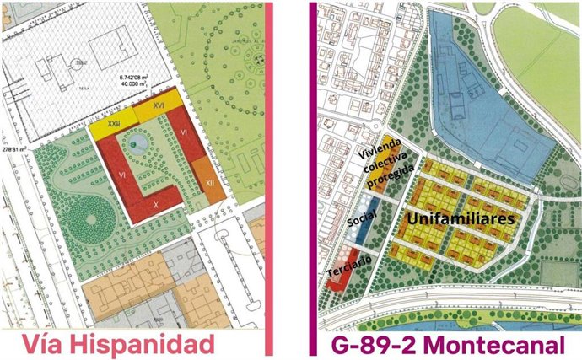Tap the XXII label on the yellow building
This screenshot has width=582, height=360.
[x=112, y=125]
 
